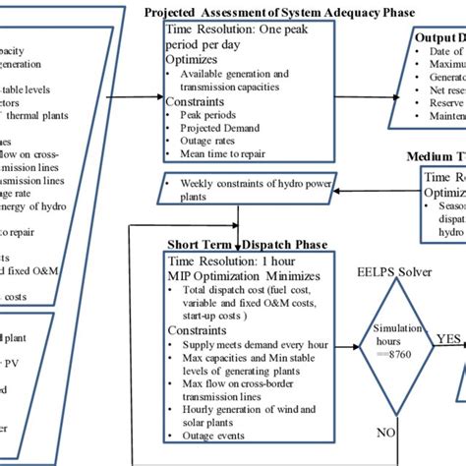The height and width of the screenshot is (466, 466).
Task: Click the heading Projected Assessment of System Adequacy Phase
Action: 279,12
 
